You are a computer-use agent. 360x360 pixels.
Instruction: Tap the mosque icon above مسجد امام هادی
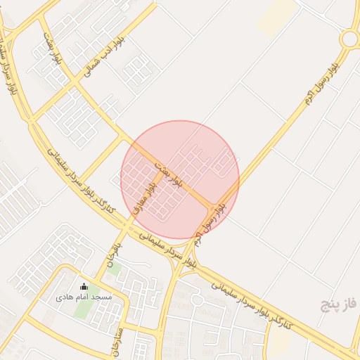click(84, 286)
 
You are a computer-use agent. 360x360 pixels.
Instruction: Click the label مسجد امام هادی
click(84, 297)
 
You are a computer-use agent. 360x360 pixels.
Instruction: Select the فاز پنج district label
click(340, 304)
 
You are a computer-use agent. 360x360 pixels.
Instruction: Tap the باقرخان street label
click(113, 254)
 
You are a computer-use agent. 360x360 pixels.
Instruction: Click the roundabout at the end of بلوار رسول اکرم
click(350, 39)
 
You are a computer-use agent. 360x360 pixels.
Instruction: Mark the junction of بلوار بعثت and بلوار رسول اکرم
click(214, 205)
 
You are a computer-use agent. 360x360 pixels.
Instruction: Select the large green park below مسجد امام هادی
click(82, 309)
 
